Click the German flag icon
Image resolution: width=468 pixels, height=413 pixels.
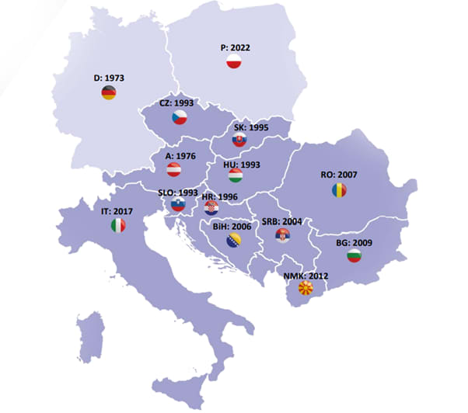[109, 93]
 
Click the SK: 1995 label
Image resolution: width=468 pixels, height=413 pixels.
[251, 126]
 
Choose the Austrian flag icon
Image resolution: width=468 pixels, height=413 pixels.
[175, 170]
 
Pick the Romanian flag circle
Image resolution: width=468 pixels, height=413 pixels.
[338, 190]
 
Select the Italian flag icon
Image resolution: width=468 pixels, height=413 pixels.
[117, 225]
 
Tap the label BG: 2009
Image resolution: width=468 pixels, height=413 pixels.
[354, 242]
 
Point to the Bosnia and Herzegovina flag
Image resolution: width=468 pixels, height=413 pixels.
[232, 241]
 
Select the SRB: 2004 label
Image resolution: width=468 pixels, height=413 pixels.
[281, 221]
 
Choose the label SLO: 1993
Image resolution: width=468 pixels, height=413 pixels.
[176, 192]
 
